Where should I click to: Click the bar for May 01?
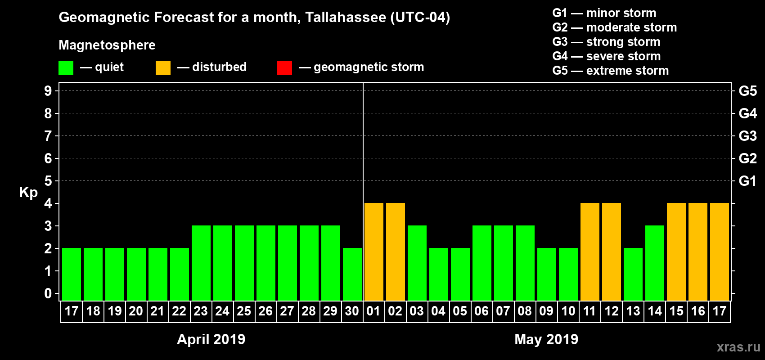[374, 252]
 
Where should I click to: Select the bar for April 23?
[201, 263]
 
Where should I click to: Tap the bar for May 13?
[633, 274]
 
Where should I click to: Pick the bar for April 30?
[352, 274]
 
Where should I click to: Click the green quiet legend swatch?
[66, 68]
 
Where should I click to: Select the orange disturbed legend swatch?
[163, 68]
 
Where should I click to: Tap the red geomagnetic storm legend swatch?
[284, 68]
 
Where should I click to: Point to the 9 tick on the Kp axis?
[48, 91]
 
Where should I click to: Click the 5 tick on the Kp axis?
[48, 181]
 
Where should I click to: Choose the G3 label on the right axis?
[747, 136]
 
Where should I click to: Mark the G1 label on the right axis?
[747, 181]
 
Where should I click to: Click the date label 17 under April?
[72, 311]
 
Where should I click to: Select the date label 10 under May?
[568, 311]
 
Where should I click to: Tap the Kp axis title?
[28, 193]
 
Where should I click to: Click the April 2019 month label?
[211, 339]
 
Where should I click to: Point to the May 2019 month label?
[546, 339]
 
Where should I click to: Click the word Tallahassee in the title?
[346, 18]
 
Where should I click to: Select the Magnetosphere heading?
[107, 45]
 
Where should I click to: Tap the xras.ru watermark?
[738, 347]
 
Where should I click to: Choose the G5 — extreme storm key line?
[611, 71]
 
